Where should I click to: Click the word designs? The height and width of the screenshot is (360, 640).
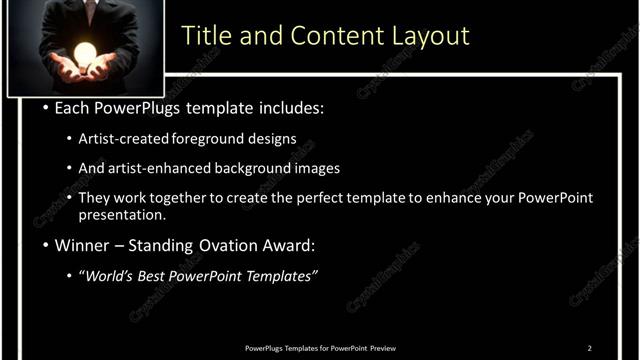tap(271, 139)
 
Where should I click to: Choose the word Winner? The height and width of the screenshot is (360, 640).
tap(83, 245)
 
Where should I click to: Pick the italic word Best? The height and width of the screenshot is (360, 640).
tap(161, 276)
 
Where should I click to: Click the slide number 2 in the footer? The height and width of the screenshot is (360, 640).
tap(590, 347)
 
